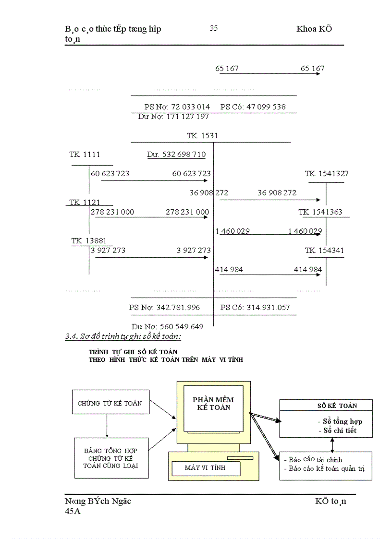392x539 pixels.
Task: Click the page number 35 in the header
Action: (x=214, y=28)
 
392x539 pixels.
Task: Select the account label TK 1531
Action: (x=202, y=136)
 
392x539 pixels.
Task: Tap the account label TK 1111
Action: (x=85, y=155)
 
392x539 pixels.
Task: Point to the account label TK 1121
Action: (x=85, y=203)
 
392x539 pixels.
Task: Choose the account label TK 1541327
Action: (x=327, y=174)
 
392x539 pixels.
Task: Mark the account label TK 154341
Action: (x=324, y=251)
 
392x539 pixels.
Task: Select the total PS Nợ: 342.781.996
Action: (x=164, y=307)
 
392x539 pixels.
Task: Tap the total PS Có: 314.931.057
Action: (x=255, y=307)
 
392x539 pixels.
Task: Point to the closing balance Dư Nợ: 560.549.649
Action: (x=167, y=326)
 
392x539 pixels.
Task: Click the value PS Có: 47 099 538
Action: (x=253, y=107)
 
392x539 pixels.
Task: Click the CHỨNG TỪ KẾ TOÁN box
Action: (x=110, y=403)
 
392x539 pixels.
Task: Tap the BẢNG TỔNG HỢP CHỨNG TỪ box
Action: (x=110, y=458)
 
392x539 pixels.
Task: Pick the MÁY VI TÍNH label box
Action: (x=205, y=467)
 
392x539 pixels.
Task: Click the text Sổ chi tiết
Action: (x=340, y=431)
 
